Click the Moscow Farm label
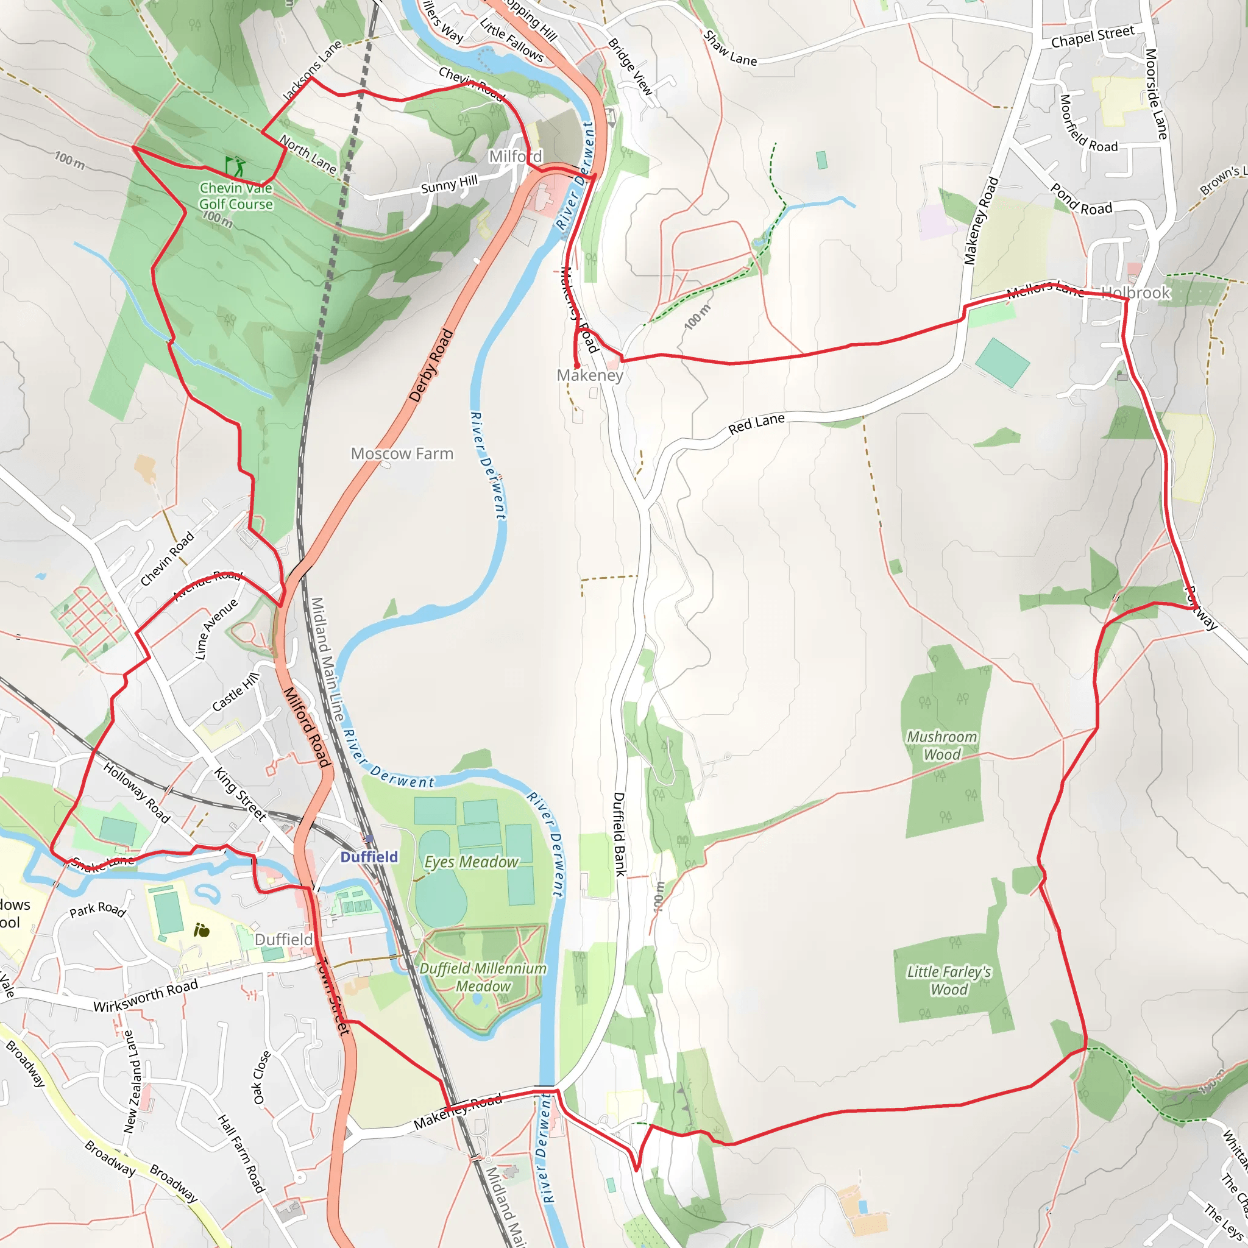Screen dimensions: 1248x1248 pos(402,453)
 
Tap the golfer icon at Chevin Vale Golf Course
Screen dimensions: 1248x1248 pos(236,166)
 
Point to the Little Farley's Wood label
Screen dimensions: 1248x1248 pos(948,980)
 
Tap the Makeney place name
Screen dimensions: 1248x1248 pos(590,375)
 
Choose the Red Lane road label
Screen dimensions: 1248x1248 pos(756,424)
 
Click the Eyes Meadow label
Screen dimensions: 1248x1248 pos(471,862)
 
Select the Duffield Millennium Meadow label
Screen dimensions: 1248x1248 pos(483,977)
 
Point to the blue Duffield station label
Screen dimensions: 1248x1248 pos(369,857)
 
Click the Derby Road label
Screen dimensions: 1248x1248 pos(431,366)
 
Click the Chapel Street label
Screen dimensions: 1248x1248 pos(1093,37)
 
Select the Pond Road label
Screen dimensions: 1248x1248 pos(1080,200)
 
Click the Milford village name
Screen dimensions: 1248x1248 pos(516,157)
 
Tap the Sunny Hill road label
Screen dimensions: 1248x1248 pos(449,185)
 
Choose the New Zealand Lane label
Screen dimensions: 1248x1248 pos(131,1082)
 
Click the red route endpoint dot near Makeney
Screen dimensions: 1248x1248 pos(576,366)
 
